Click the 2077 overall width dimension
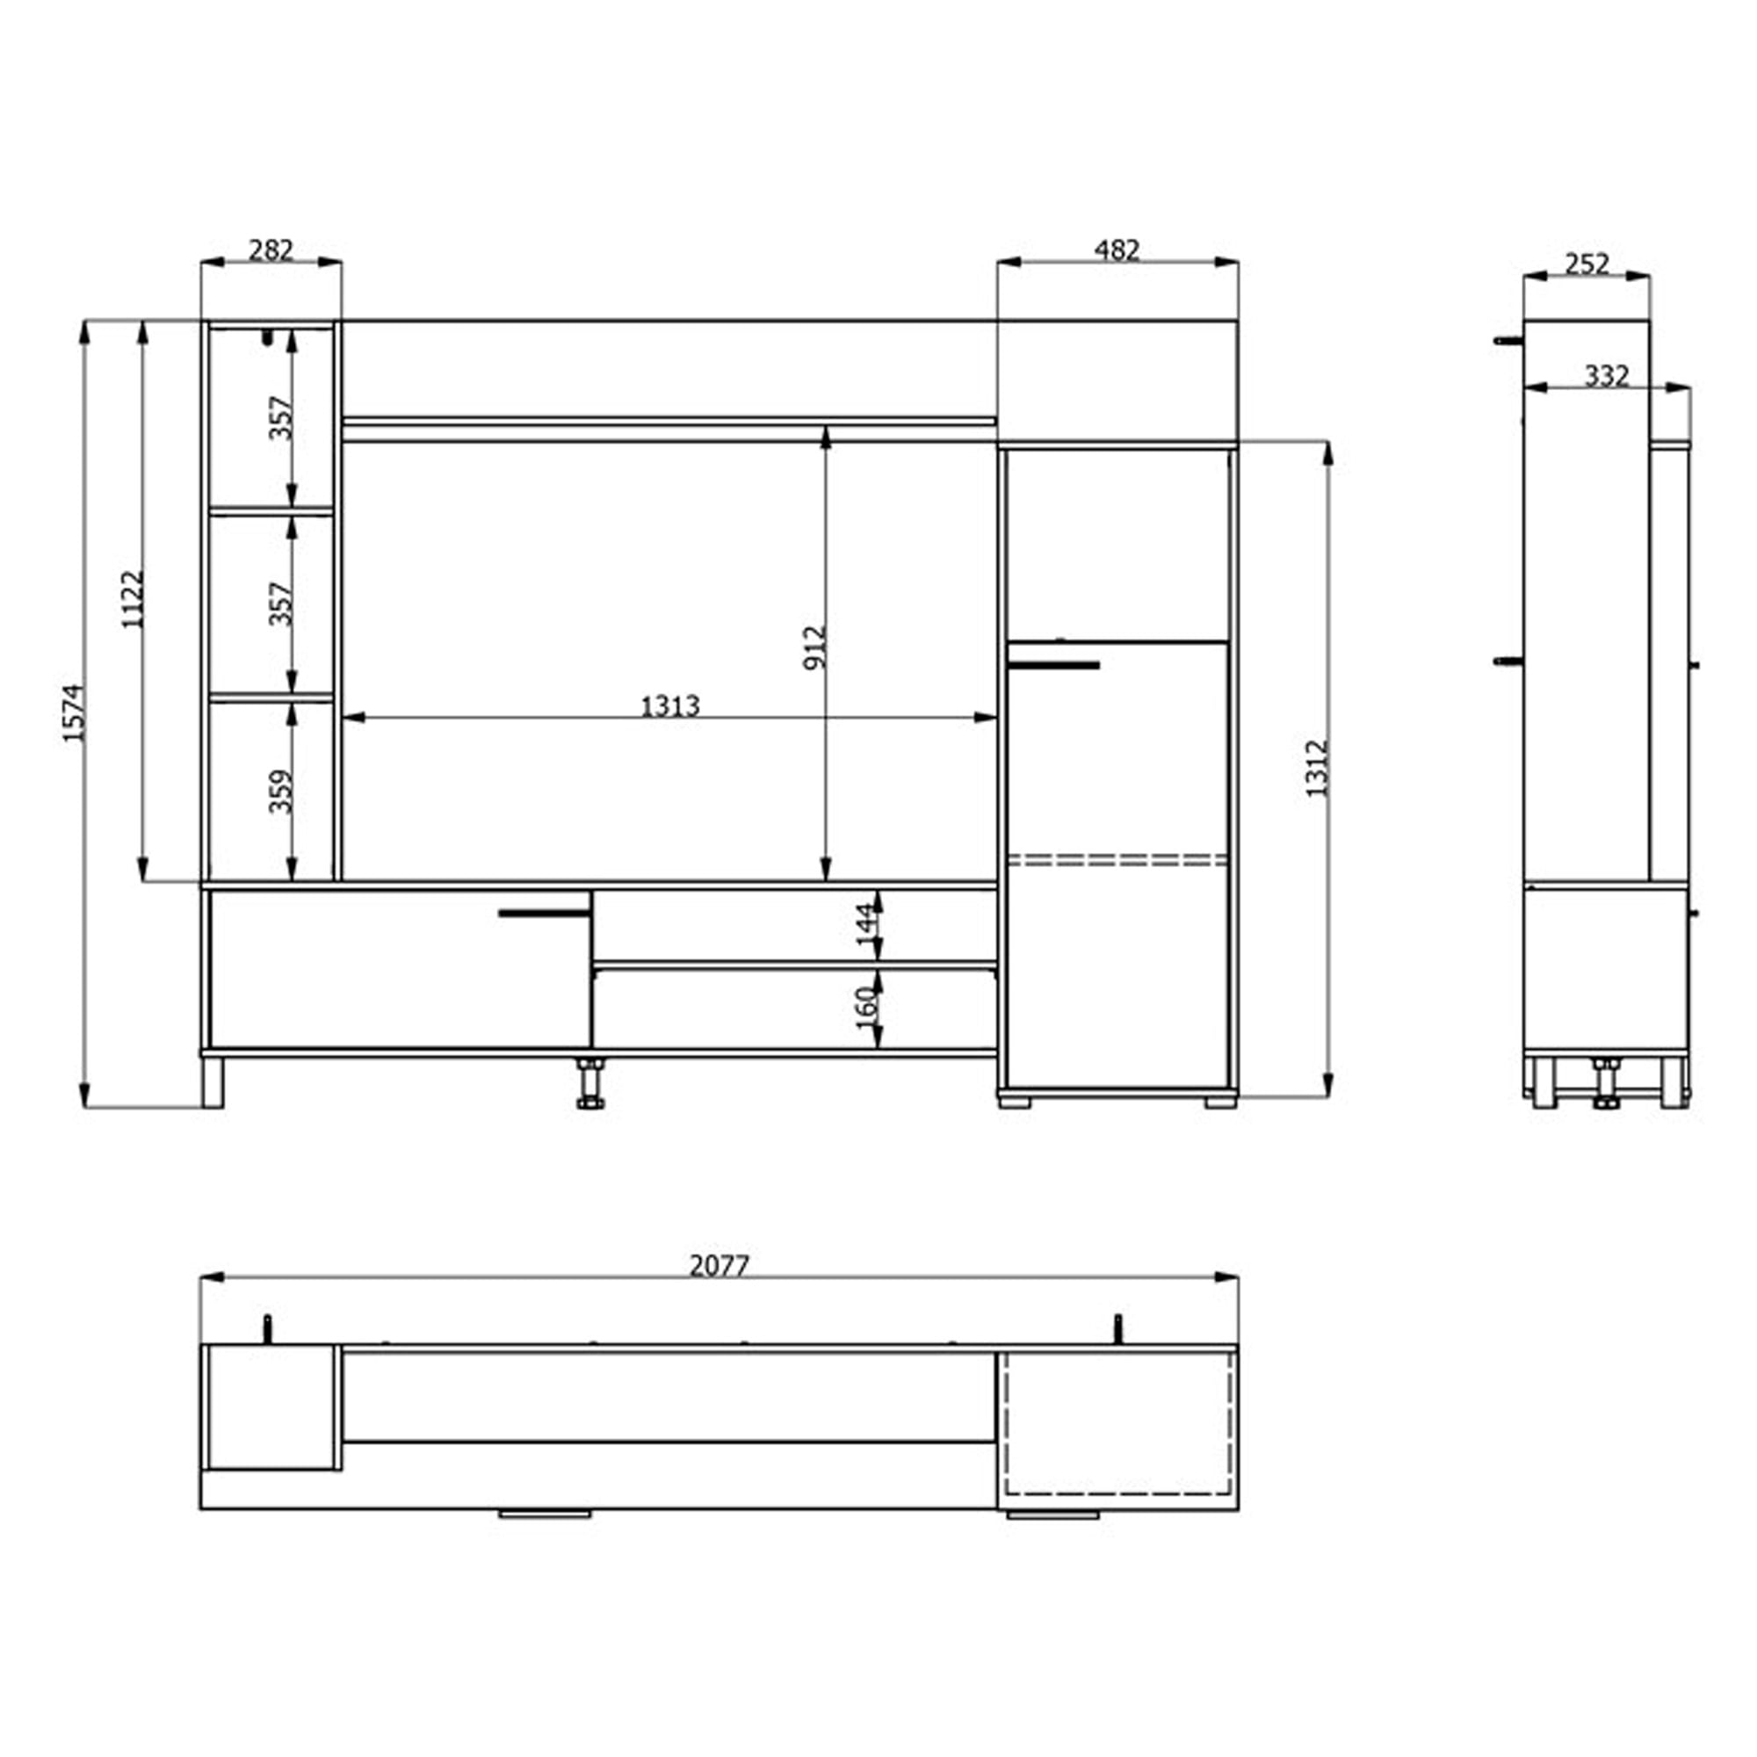719,1265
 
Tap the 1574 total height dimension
73,713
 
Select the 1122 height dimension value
133,599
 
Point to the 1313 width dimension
670,705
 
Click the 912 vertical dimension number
815,647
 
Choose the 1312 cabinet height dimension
1317,769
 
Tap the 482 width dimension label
1117,249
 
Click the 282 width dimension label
271,249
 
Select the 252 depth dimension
1587,264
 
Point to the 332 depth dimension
1607,376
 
